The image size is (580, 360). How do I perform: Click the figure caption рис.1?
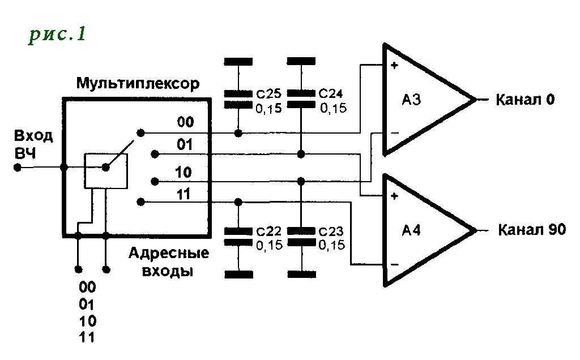pyautogui.click(x=57, y=35)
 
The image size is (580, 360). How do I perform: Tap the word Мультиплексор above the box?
pyautogui.click(x=138, y=84)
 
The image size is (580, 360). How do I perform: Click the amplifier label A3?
pyautogui.click(x=411, y=100)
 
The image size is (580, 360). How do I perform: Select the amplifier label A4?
pyautogui.click(x=411, y=230)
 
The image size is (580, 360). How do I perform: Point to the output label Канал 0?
pyautogui.click(x=525, y=100)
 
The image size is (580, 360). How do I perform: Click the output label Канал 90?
pyautogui.click(x=532, y=229)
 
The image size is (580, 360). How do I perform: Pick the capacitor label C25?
pyautogui.click(x=269, y=93)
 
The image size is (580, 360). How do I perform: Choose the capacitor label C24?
pyautogui.click(x=331, y=93)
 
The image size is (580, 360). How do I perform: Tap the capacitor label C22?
pyautogui.click(x=269, y=232)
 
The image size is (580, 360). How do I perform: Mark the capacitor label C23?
pyautogui.click(x=331, y=232)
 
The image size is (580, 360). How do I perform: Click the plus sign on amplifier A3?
pyautogui.click(x=394, y=66)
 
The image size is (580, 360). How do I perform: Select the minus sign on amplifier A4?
pyautogui.click(x=395, y=265)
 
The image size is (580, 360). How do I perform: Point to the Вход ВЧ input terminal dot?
pyautogui.click(x=18, y=168)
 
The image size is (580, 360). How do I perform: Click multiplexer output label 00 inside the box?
pyautogui.click(x=185, y=122)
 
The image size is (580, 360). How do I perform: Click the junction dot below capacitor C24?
pyautogui.click(x=301, y=154)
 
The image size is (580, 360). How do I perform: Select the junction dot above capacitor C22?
pyautogui.click(x=238, y=202)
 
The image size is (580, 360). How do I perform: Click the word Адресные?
pyautogui.click(x=169, y=254)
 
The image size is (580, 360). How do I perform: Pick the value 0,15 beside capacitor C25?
pyautogui.click(x=269, y=109)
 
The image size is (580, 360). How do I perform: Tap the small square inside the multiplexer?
pyautogui.click(x=106, y=171)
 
